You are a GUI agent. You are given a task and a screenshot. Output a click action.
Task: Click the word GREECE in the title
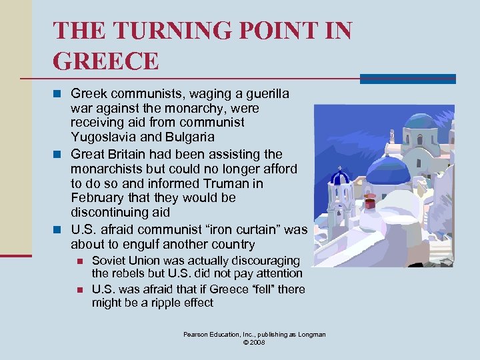pos(106,61)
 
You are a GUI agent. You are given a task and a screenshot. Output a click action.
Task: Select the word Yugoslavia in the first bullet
pos(103,137)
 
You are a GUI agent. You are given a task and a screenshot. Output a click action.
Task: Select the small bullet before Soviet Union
pos(79,261)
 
